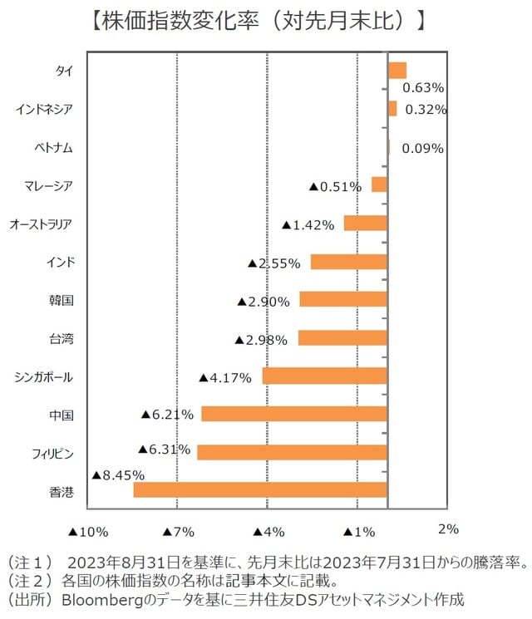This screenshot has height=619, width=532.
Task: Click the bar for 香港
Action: pos(260,490)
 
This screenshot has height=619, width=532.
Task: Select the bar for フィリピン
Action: pos(292,452)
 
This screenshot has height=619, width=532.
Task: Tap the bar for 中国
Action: pos(294,414)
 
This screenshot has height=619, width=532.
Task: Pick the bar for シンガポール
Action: pos(325,376)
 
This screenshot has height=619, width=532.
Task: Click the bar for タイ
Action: pos(397,71)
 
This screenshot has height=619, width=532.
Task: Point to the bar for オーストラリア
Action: pos(366,223)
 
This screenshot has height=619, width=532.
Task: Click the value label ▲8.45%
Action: pos(117,475)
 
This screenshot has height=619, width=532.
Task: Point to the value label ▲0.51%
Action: pos(335,187)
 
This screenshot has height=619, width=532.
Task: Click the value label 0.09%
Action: pos(422,149)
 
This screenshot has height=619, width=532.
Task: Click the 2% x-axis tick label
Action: pos(448,529)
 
